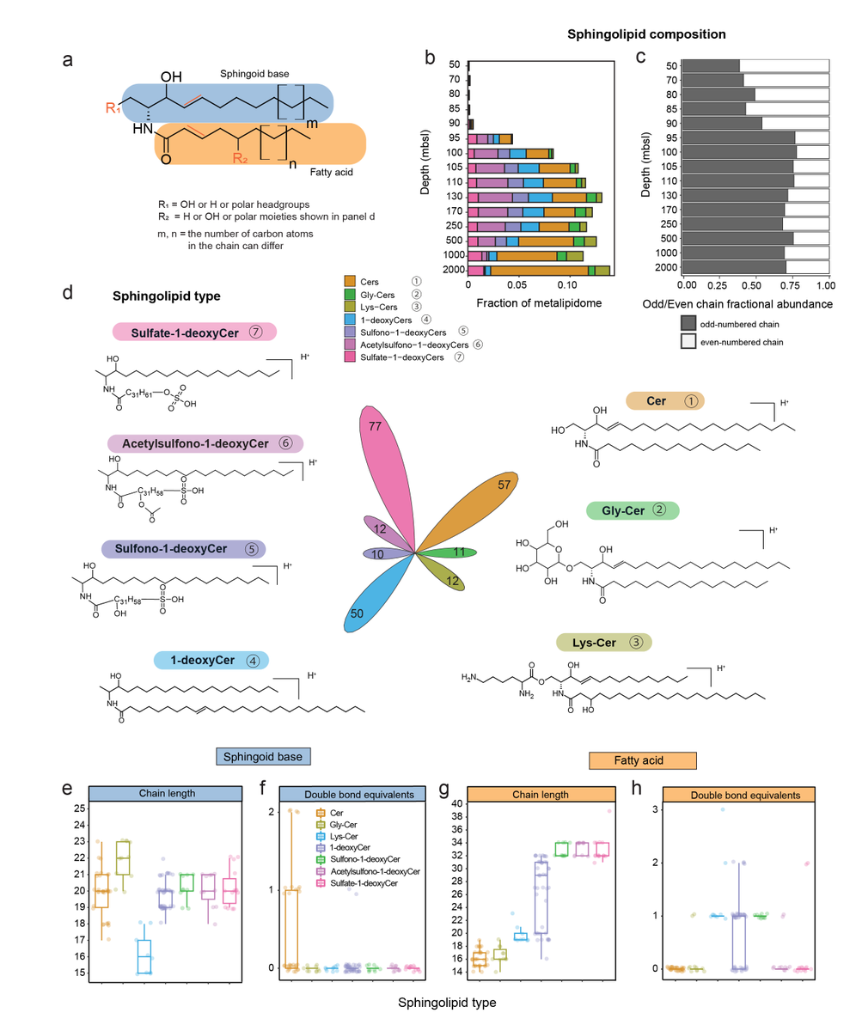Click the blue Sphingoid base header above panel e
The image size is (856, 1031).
(x=263, y=755)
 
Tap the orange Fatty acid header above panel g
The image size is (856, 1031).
(x=642, y=760)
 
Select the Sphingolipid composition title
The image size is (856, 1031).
(x=647, y=34)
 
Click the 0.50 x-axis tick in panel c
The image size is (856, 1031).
(x=757, y=284)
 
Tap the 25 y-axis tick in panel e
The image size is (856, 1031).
(x=79, y=808)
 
